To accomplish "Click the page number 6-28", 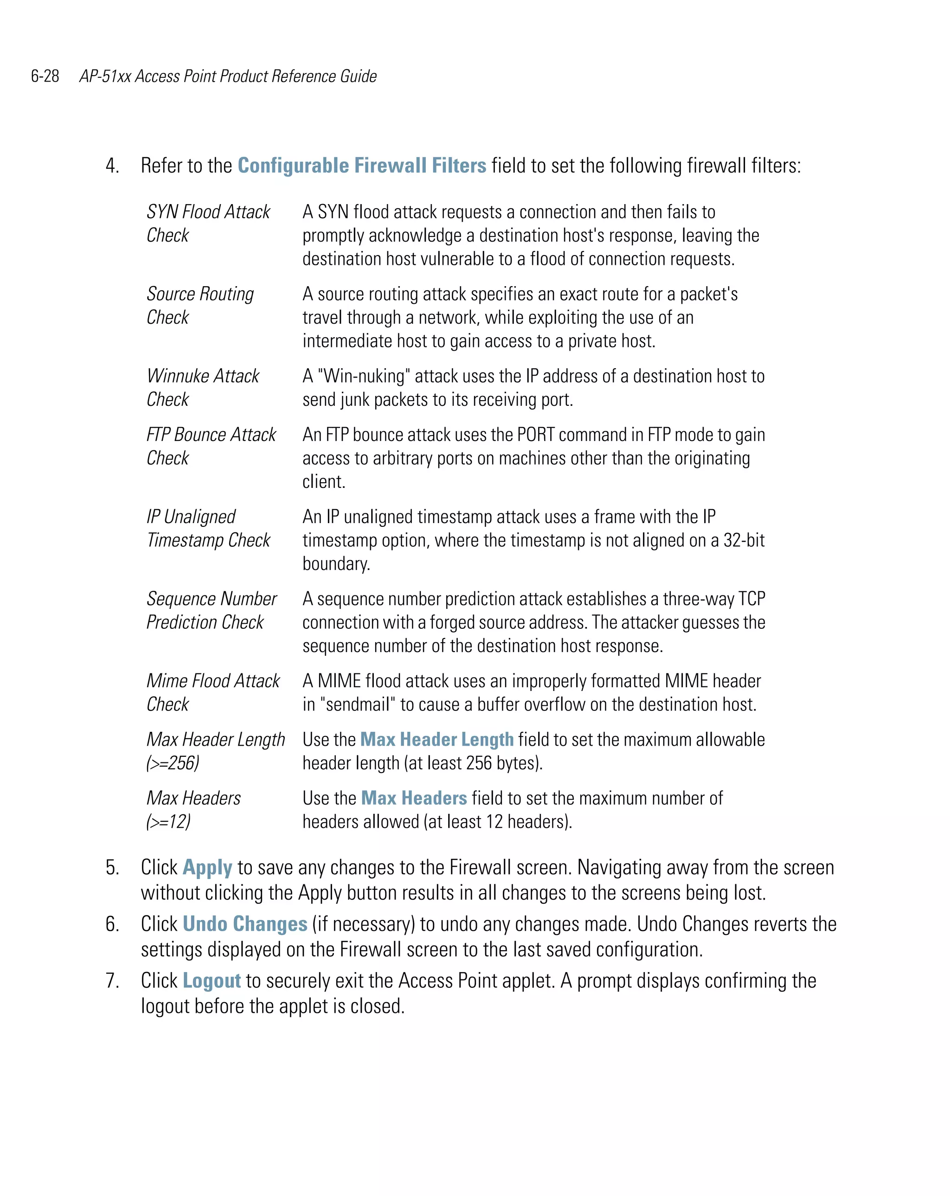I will coord(45,76).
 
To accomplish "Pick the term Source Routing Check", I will coord(200,305).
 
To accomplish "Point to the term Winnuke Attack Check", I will coord(203,387).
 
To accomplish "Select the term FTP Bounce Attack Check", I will coord(211,446).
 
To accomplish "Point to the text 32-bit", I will coord(744,540).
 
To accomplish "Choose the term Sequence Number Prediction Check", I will coord(211,610).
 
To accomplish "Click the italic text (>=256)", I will coord(173,763).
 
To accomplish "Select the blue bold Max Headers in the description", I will coord(413,798).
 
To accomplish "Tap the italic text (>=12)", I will coord(168,822).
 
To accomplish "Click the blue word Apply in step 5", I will coord(207,868).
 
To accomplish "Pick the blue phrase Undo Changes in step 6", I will coord(245,924).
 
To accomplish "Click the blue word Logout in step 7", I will coord(212,981).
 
